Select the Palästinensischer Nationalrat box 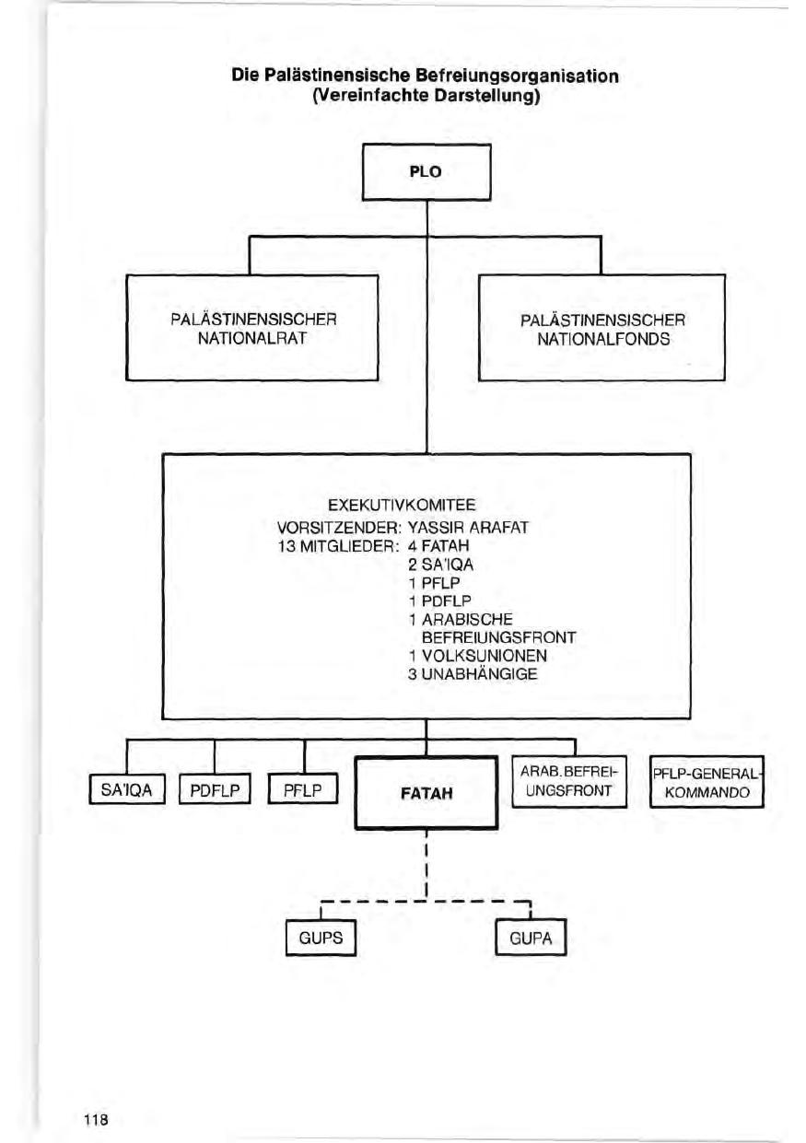[253, 329]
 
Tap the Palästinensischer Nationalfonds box [602, 329]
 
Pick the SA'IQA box [126, 790]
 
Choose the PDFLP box [214, 790]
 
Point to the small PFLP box [303, 790]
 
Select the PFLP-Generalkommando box [707, 782]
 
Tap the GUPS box [320, 939]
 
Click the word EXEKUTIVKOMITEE [402, 505]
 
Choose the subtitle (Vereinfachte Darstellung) [426, 95]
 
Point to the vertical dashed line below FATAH [426, 861]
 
